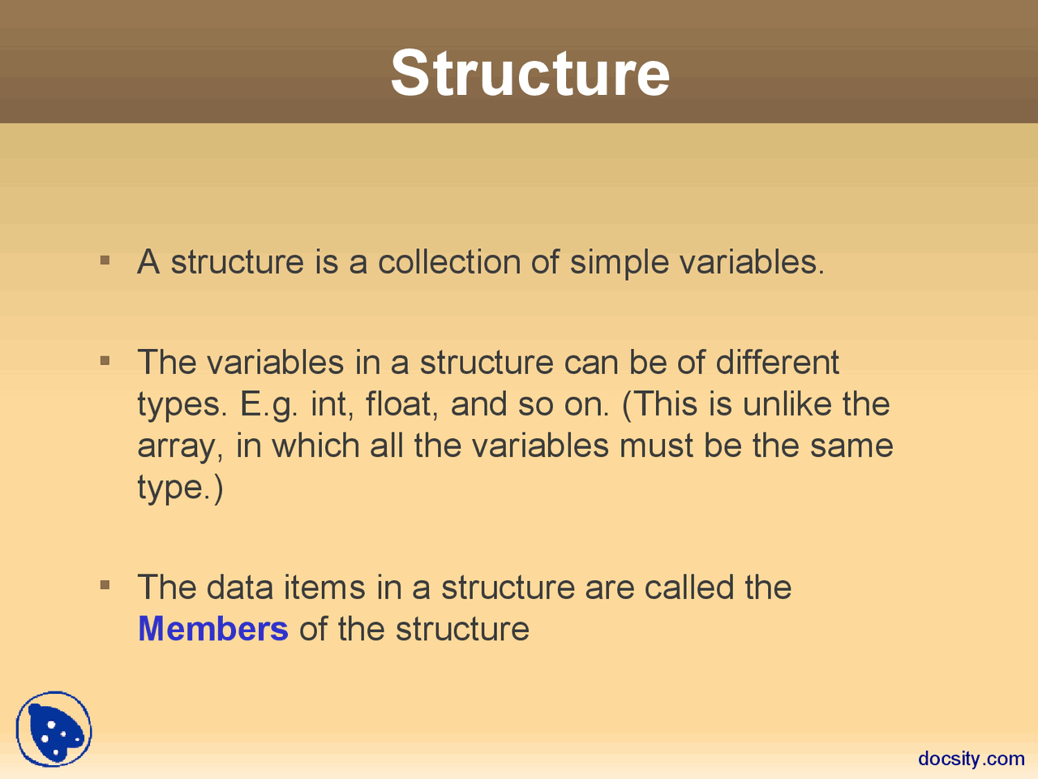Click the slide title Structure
[530, 73]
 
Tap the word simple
[619, 263]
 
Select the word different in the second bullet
[777, 362]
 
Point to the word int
[331, 404]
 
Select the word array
[179, 446]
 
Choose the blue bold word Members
[213, 629]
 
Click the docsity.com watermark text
[971, 758]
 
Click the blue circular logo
[54, 730]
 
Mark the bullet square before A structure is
[105, 260]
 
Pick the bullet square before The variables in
[105, 360]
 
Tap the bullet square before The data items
[105, 585]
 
